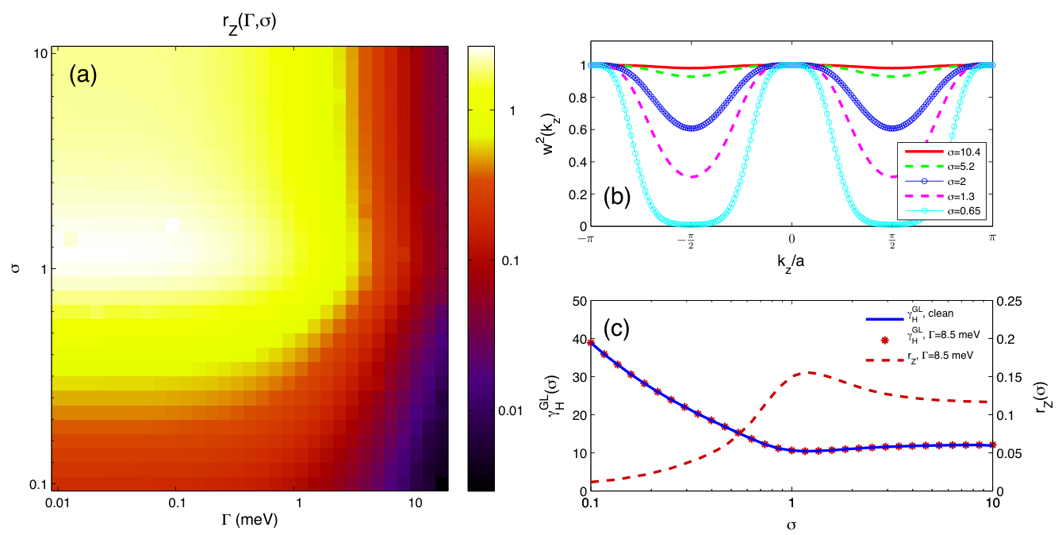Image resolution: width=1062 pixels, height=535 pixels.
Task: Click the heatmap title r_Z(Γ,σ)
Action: click(249, 23)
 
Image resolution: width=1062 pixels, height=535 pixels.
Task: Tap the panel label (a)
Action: click(83, 75)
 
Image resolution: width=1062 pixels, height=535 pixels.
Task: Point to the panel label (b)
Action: click(616, 196)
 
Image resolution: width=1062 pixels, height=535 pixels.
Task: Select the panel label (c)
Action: click(616, 328)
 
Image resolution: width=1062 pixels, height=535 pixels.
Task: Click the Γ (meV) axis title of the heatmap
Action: click(249, 519)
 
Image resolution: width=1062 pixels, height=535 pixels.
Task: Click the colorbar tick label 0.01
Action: click(510, 410)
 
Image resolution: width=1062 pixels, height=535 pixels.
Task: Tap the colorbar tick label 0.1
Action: click(510, 260)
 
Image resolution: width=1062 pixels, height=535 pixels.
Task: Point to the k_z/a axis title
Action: click(790, 261)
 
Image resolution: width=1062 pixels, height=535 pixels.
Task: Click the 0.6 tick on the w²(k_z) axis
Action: click(577, 130)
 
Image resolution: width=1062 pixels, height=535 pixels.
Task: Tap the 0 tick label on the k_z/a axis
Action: click(792, 239)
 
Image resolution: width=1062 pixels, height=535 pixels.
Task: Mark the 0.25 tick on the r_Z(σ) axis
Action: click(1007, 302)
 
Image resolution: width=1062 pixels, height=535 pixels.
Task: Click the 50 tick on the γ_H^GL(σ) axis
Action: click(580, 302)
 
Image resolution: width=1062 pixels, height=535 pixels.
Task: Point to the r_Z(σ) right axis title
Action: click(1044, 396)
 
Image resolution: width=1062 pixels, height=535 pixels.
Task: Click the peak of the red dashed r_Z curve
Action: click(809, 372)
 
